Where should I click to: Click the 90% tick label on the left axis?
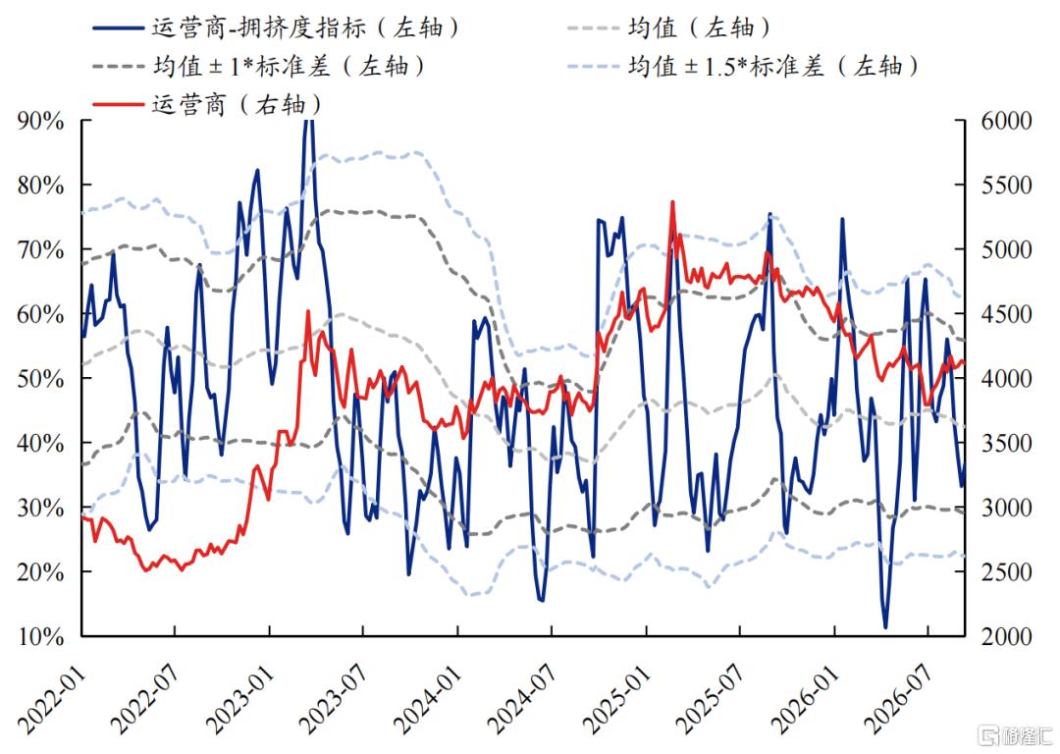40,121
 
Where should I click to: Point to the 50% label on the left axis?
40,379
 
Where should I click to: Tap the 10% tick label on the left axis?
40,636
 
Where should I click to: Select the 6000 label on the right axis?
1007,121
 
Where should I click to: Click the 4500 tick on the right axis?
1007,314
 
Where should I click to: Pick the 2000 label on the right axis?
1007,636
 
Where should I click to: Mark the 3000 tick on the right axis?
1007,508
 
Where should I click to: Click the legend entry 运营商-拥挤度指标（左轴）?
276,27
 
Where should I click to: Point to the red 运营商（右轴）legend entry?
207,105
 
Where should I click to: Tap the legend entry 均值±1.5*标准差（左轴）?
744,67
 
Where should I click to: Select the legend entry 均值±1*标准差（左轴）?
259,67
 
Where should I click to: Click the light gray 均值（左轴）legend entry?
669,27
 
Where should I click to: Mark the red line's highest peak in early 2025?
672,201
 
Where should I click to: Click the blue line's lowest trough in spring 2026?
885,627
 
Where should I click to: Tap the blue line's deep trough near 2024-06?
542,600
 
